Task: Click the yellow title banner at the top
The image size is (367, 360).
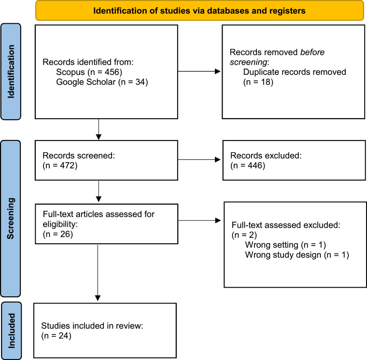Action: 199,11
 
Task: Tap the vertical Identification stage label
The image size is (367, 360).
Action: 11,71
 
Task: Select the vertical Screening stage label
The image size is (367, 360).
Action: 11,219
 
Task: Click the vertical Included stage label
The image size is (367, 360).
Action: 11,331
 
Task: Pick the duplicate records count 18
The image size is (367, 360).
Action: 266,82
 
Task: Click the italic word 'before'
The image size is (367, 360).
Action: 312,52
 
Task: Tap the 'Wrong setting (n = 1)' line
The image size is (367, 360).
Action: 285,245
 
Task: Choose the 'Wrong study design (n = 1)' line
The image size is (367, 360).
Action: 297,255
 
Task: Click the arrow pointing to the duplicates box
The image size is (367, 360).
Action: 199,71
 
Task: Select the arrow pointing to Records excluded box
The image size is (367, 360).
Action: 199,160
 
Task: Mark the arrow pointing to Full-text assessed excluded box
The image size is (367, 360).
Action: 199,221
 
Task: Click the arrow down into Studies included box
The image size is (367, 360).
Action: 98,273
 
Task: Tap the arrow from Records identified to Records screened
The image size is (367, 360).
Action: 99,129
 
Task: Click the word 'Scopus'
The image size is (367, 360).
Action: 71,72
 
